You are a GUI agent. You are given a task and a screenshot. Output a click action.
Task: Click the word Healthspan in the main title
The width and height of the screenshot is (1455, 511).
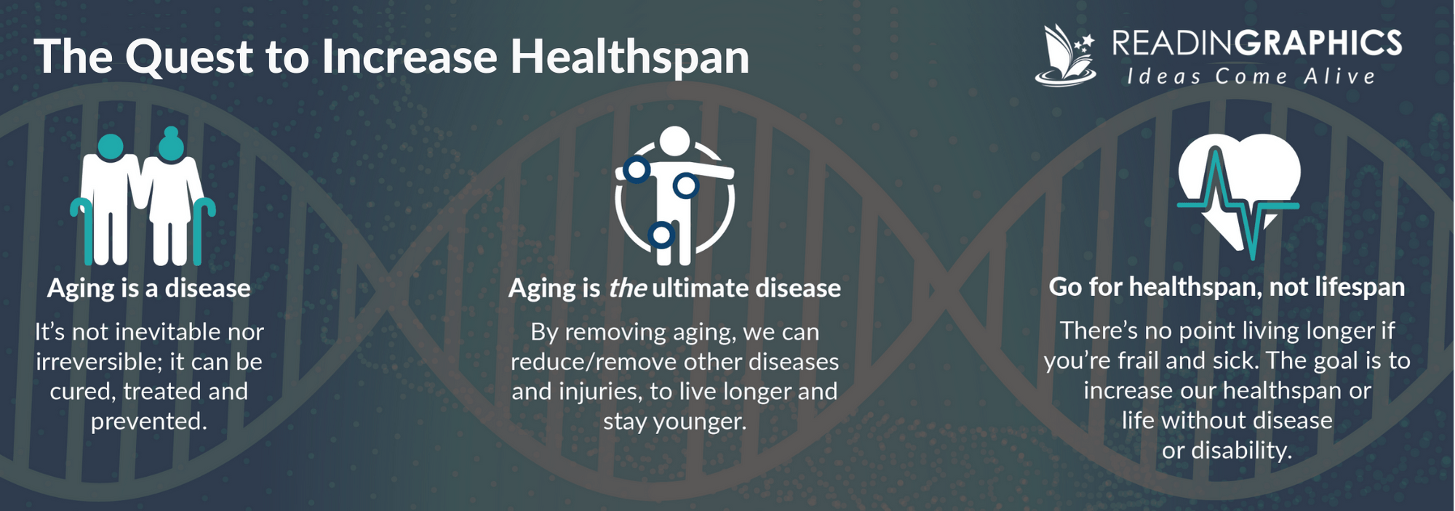[629, 57]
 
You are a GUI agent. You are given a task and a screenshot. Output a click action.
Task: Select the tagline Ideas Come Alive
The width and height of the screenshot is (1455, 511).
[1251, 76]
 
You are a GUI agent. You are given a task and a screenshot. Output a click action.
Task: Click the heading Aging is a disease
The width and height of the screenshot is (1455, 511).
[149, 289]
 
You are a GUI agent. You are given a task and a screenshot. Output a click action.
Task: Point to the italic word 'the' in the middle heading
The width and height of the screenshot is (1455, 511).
[627, 289]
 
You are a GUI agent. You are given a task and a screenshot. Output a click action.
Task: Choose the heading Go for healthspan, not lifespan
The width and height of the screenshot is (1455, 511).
[1227, 287]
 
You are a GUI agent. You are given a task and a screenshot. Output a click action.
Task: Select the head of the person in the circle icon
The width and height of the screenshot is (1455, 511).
[674, 141]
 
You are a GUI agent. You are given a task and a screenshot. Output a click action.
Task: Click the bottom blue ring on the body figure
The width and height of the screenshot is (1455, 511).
[661, 235]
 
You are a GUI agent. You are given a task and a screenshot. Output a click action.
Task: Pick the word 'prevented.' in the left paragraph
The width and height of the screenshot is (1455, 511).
[149, 422]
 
